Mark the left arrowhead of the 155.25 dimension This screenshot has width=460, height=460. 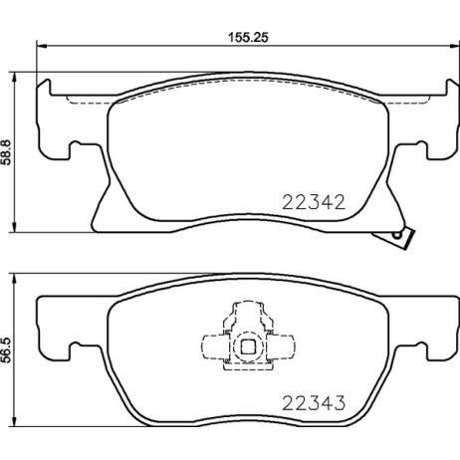click(x=41, y=45)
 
